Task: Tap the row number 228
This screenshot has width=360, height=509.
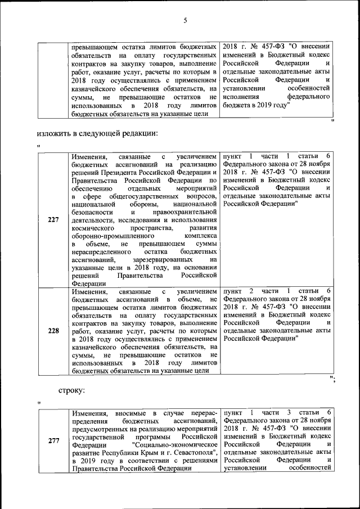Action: click(x=53, y=331)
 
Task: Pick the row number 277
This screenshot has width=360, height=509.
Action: click(x=53, y=441)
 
